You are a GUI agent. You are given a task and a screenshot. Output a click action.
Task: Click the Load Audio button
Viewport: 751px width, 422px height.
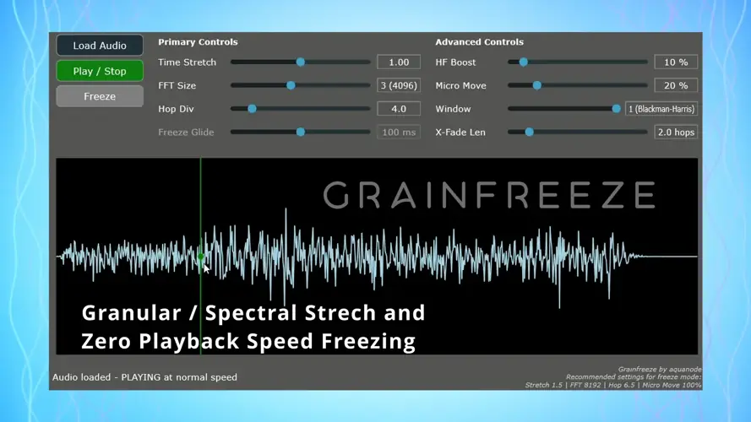click(x=100, y=46)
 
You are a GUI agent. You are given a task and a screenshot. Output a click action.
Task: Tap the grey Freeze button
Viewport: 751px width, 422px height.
click(x=100, y=96)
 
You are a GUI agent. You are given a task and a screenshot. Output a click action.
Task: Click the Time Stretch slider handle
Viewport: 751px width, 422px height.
click(x=301, y=62)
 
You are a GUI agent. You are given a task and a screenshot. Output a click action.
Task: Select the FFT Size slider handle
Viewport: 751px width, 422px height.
click(x=291, y=85)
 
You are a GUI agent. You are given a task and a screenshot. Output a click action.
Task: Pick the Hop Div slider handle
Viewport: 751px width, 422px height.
click(x=252, y=109)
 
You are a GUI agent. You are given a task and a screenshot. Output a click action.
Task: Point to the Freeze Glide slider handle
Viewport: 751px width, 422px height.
click(x=301, y=133)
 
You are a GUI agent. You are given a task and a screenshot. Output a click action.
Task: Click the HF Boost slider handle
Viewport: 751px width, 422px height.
click(x=524, y=62)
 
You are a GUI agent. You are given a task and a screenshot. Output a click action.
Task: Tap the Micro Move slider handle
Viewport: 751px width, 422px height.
click(x=537, y=85)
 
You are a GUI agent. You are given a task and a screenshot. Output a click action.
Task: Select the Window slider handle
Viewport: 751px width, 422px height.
click(x=617, y=109)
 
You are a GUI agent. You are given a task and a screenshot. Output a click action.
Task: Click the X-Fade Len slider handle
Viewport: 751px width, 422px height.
click(x=530, y=133)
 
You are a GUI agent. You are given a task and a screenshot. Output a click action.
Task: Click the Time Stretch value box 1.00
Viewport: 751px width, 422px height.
click(x=399, y=62)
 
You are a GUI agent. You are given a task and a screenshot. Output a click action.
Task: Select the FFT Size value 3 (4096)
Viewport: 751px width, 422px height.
click(x=399, y=85)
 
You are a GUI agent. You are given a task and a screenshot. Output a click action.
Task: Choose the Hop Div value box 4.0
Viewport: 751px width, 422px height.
click(x=399, y=109)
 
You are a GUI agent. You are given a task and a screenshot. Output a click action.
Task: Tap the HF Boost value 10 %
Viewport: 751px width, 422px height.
click(x=676, y=62)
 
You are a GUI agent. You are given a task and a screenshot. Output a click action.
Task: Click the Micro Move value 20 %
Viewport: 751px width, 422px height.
click(x=676, y=85)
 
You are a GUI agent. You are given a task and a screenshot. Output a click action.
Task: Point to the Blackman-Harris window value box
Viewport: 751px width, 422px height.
click(x=661, y=109)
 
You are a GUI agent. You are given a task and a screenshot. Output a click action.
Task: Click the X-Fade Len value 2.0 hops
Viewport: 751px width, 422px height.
click(x=676, y=133)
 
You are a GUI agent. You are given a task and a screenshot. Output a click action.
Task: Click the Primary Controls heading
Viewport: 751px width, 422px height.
click(x=198, y=41)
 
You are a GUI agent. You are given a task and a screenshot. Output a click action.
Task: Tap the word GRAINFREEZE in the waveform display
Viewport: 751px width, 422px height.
click(x=489, y=195)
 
